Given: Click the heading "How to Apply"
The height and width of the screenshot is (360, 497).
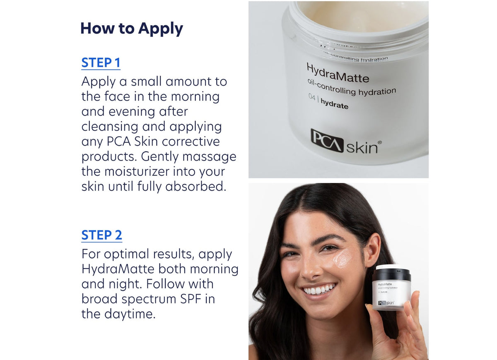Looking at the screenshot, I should (131, 29).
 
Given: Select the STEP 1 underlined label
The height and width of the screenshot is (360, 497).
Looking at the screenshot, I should (101, 63).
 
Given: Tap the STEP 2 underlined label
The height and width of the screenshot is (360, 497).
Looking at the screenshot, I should (101, 235).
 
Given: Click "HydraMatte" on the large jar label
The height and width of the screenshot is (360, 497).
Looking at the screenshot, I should (338, 73).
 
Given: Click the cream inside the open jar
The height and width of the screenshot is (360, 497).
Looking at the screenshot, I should (364, 12).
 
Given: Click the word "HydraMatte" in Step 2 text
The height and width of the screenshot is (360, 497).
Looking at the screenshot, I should (118, 269).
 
